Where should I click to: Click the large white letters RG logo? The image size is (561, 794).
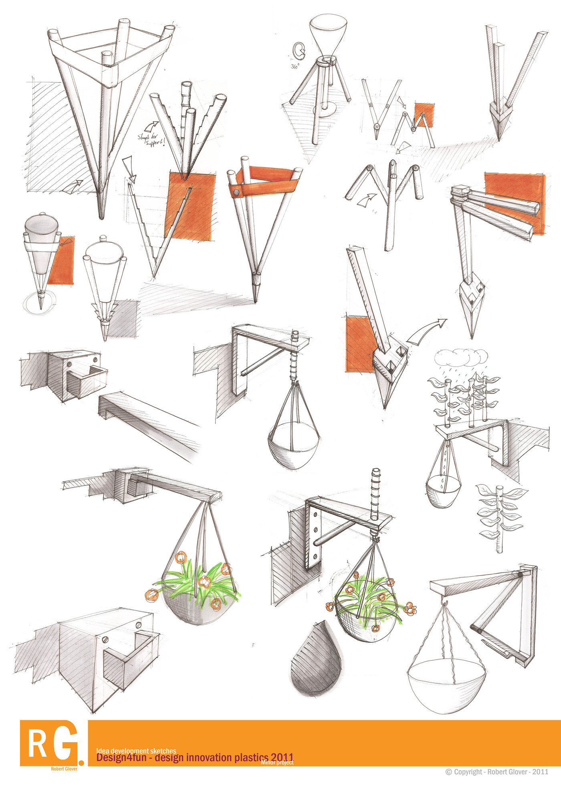[52, 743]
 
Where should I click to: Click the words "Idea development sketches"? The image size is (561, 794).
[136, 751]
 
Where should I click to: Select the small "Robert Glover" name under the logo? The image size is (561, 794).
[64, 769]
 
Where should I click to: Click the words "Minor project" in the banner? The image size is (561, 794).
[277, 762]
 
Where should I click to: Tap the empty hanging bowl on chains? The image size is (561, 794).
[446, 682]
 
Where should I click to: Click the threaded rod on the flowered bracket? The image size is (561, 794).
[375, 493]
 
